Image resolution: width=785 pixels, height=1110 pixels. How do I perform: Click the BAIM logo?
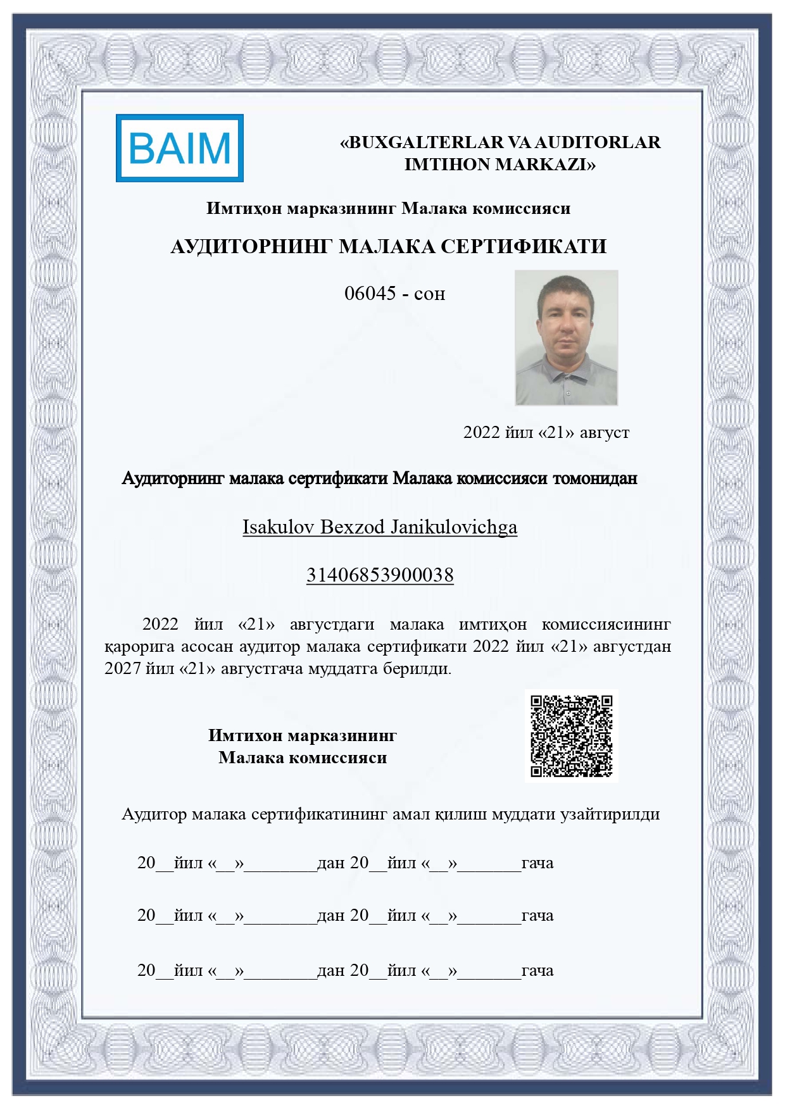pyautogui.click(x=180, y=148)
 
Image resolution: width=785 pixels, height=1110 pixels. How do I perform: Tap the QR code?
pyautogui.click(x=572, y=736)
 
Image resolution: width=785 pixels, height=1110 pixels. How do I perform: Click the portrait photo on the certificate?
pyautogui.click(x=567, y=338)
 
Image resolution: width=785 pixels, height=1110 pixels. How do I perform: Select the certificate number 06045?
pyautogui.click(x=370, y=293)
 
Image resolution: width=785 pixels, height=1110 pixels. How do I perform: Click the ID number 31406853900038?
pyautogui.click(x=380, y=575)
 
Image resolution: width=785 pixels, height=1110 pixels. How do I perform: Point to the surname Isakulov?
pyautogui.click(x=279, y=527)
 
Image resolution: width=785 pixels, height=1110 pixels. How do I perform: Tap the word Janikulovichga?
pyautogui.click(x=454, y=527)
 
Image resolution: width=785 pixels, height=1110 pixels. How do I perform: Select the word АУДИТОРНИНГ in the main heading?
pyautogui.click(x=251, y=246)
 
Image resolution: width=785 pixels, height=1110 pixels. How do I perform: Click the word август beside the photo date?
pyautogui.click(x=605, y=432)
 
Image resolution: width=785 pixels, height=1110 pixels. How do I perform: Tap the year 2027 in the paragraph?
pyautogui.click(x=123, y=668)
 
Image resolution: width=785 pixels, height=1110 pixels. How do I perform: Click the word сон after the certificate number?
pyautogui.click(x=430, y=294)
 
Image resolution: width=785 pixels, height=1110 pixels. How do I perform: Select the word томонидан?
pyautogui.click(x=595, y=478)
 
